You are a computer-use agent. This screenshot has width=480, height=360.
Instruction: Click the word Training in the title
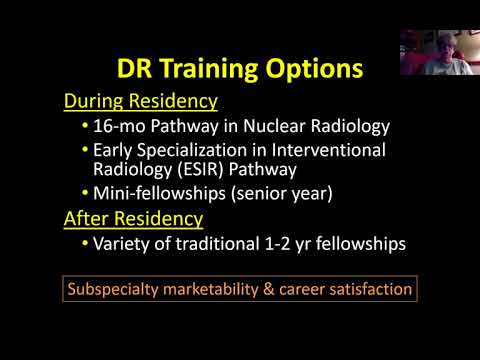click(213, 70)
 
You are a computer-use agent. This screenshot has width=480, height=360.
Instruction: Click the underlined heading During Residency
click(140, 102)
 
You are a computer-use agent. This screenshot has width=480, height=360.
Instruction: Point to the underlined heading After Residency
click(133, 218)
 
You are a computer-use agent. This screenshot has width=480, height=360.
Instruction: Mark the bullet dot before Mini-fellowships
click(85, 192)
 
